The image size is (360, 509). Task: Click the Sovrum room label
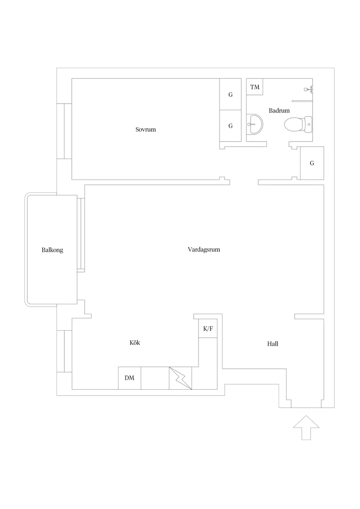pyautogui.click(x=145, y=130)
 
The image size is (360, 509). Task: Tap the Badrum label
pyautogui.click(x=279, y=111)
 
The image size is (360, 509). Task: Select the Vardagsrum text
pyautogui.click(x=204, y=249)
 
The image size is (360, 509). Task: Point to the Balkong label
pyautogui.click(x=52, y=250)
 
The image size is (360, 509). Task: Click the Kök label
pyautogui.click(x=135, y=343)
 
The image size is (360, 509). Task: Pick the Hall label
pyautogui.click(x=272, y=344)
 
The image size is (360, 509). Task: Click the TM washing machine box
pyautogui.click(x=255, y=87)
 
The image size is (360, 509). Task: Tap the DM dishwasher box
pyautogui.click(x=130, y=378)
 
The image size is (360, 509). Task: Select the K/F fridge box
pyautogui.click(x=208, y=328)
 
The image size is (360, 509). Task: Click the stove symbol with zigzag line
pyautogui.click(x=180, y=378)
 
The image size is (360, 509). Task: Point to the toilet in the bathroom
pyautogui.click(x=298, y=124)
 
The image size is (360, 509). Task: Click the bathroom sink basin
pyautogui.click(x=255, y=124)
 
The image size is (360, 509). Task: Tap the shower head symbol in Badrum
pyautogui.click(x=308, y=89)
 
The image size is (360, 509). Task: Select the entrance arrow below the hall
pyautogui.click(x=306, y=428)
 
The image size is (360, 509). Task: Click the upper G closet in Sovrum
pyautogui.click(x=230, y=94)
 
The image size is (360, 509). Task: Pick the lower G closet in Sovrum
pyautogui.click(x=230, y=126)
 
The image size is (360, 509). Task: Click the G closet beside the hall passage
pyautogui.click(x=312, y=163)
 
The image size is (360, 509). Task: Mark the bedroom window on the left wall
pyautogui.click(x=64, y=131)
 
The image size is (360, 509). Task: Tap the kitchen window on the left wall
pyautogui.click(x=64, y=351)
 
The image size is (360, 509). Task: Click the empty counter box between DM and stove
pyautogui.click(x=155, y=378)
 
